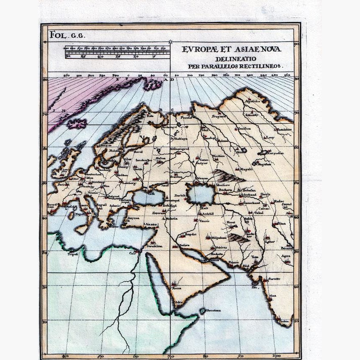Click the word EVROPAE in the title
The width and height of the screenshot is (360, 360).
coord(198,50)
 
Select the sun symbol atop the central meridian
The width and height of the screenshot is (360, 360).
coord(170,41)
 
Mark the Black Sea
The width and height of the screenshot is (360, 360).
coord(147,198)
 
